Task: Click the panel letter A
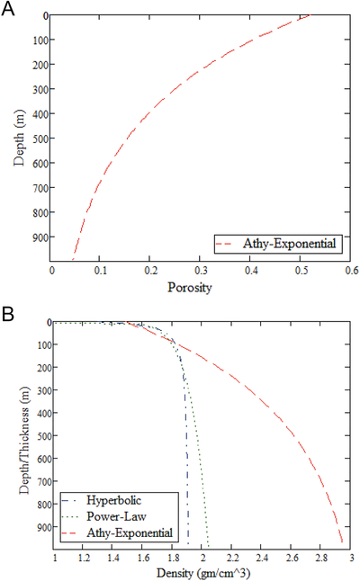click(8, 8)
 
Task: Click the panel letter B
click(8, 314)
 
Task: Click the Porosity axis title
click(190, 288)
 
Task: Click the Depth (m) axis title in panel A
click(19, 138)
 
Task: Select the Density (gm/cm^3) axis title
click(203, 573)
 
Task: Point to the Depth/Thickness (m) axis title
click(24, 440)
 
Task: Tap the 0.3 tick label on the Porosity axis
click(202, 271)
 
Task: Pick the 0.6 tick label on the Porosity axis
click(352, 271)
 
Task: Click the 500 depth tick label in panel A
click(40, 139)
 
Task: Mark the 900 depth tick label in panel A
click(40, 237)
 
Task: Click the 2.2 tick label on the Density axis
click(232, 558)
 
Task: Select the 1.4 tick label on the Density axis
click(113, 558)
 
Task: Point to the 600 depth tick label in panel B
click(44, 459)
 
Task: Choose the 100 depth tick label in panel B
click(44, 345)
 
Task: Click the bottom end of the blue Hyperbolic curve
click(188, 544)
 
